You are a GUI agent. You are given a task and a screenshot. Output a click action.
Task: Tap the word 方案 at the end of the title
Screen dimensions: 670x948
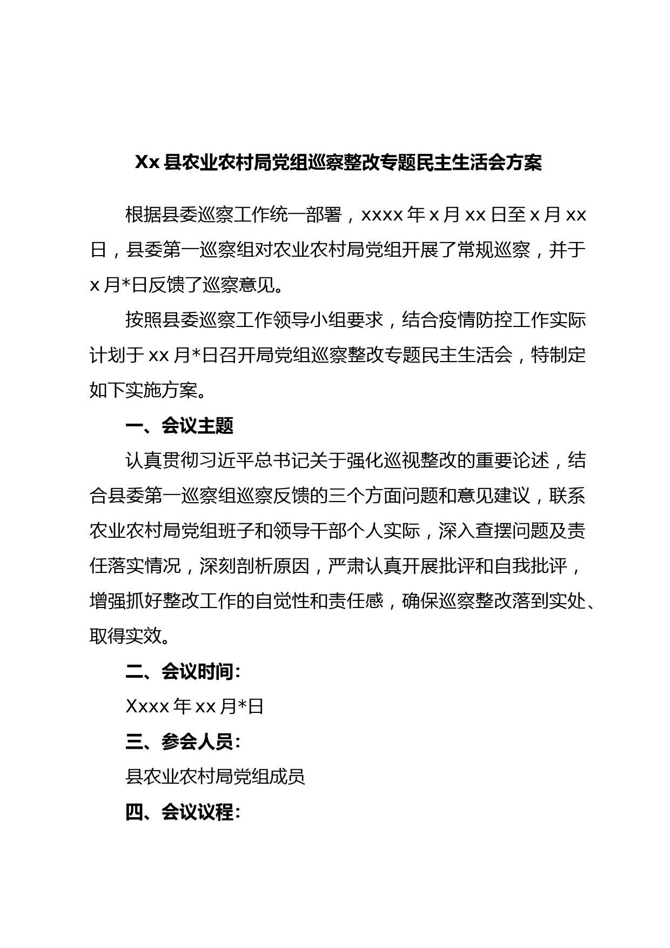coord(524,162)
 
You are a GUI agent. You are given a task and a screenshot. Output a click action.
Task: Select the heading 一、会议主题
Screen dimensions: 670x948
coord(179,426)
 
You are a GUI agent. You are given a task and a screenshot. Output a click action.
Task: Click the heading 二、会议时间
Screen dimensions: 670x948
coord(183,671)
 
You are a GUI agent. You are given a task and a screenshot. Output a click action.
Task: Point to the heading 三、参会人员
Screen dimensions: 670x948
coord(183,742)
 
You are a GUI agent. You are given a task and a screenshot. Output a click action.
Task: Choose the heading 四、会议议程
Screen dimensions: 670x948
coord(183,812)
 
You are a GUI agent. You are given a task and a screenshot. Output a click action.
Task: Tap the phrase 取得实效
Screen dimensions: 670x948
coord(126,636)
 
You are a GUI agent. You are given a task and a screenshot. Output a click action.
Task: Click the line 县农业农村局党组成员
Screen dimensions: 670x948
coord(215,777)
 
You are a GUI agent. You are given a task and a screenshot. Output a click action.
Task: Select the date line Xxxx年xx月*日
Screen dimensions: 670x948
coord(195,706)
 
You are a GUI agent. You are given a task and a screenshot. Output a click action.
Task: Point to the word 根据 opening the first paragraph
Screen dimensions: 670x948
coord(144,215)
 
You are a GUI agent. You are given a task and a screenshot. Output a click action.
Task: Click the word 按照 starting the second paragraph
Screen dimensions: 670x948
coord(144,320)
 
